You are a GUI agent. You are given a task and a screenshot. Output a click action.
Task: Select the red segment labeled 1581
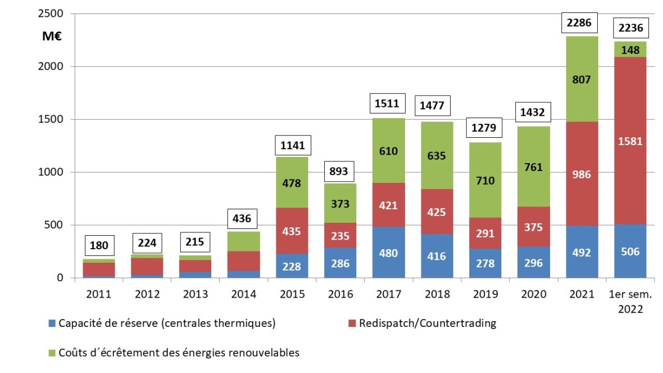click(630, 141)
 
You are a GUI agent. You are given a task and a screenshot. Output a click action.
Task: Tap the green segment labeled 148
click(630, 50)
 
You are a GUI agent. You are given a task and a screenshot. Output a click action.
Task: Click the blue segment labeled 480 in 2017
click(388, 253)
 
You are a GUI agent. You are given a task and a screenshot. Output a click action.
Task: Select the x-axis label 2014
click(244, 294)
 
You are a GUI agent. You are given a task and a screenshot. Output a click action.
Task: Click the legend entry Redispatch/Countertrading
click(426, 323)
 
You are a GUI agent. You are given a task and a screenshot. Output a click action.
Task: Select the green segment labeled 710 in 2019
click(484, 181)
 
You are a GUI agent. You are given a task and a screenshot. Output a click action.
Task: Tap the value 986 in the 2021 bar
click(582, 174)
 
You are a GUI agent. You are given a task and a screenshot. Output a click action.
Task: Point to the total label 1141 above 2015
click(292, 145)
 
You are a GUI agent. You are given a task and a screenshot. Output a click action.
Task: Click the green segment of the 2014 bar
click(244, 241)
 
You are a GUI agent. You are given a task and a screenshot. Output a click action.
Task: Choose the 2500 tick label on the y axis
click(51, 14)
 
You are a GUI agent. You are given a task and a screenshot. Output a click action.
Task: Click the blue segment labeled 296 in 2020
click(533, 262)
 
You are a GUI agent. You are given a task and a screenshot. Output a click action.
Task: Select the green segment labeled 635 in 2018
click(437, 155)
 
